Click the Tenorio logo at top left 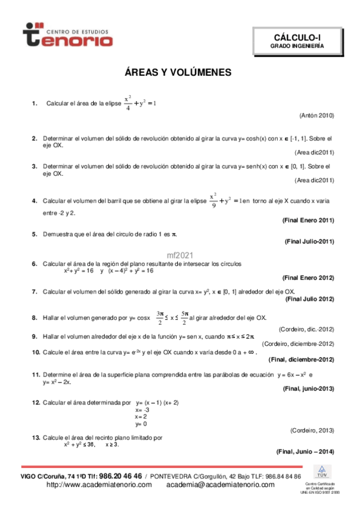67,35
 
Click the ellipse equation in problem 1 139,103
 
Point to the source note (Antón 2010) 316,115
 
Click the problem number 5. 35,233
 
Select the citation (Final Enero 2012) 308,277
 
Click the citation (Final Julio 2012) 310,299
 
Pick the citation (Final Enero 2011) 308,220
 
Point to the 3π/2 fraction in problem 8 159,317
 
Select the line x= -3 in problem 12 142,409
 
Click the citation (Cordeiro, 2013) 312,430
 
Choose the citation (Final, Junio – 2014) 305,451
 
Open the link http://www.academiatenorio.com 99,484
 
